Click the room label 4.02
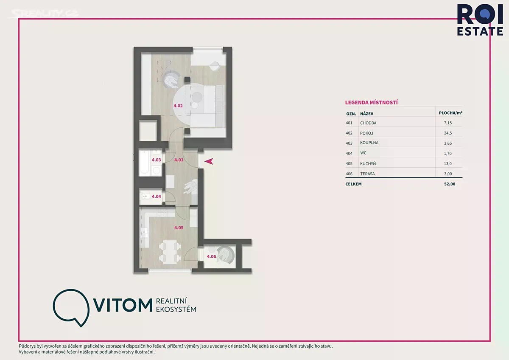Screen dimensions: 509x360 (178, 106)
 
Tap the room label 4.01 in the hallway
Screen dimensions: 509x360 (179, 160)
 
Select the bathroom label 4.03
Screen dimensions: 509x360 (157, 160)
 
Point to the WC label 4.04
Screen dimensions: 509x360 (157, 197)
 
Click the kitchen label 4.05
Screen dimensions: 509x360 (179, 228)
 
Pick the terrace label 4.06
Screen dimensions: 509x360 (211, 256)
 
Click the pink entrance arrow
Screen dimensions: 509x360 (209, 161)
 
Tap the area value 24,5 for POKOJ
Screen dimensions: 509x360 (448, 133)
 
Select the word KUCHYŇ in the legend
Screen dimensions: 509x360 (368, 163)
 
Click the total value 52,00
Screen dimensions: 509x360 (450, 184)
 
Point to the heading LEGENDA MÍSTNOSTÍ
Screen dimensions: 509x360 (371, 103)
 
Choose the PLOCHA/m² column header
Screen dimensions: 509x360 (450, 113)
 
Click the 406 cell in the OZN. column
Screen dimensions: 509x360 (349, 174)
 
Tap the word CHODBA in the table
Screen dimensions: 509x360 (368, 123)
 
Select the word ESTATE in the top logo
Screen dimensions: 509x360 (480, 31)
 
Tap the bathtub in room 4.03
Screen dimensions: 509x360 (144, 163)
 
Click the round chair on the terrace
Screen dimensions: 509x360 (225, 254)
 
